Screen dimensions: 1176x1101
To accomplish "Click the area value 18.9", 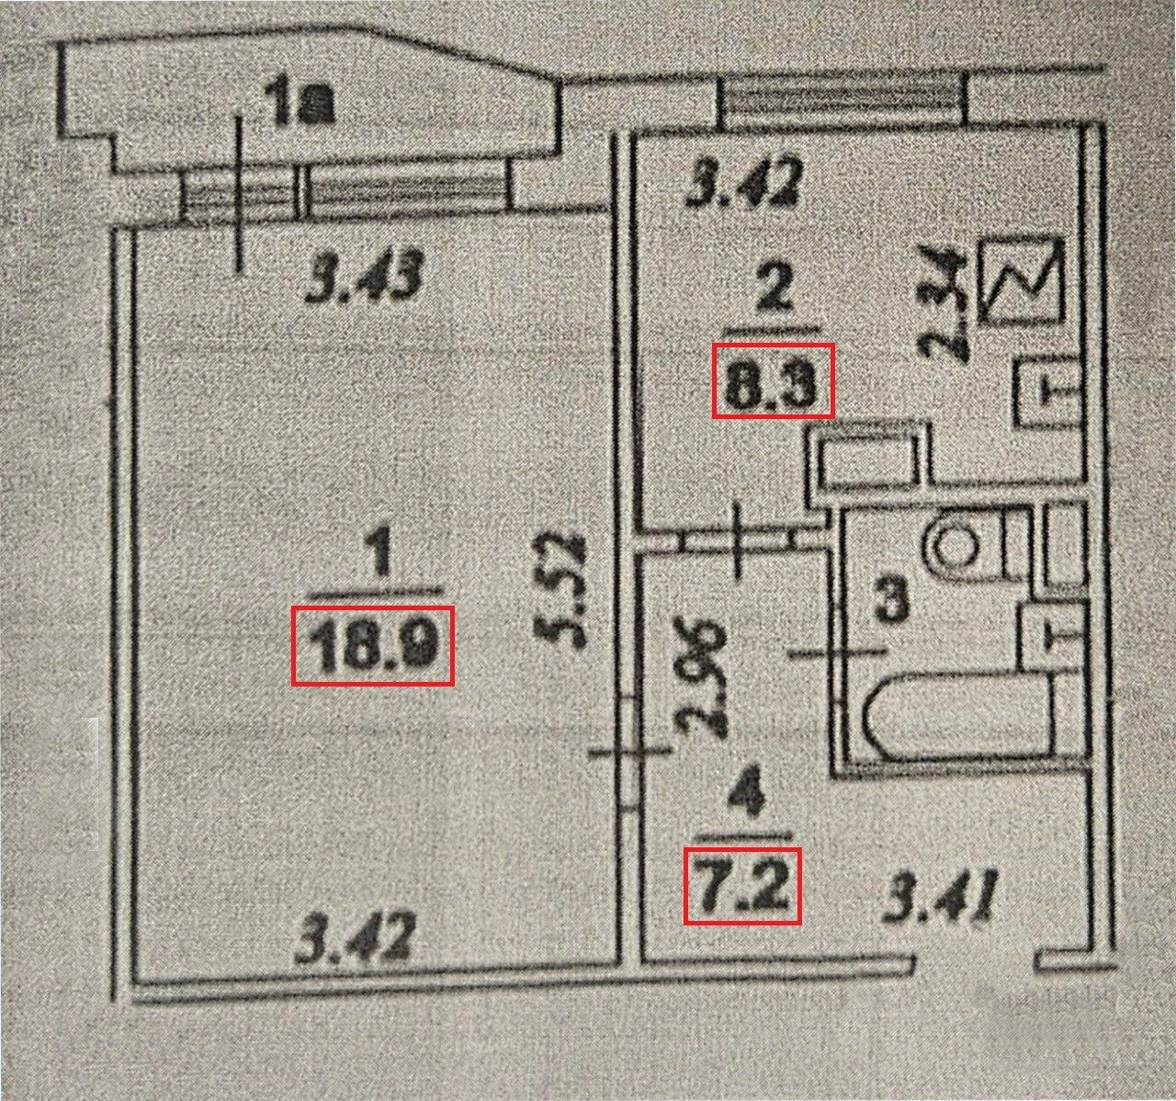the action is coord(372,645).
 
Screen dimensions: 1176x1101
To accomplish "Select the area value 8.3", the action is coord(773,380).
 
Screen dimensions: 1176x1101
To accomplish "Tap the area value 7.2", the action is coord(742,885).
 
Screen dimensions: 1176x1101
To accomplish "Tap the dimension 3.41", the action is coord(938,898).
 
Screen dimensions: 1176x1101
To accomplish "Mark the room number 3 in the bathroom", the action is coord(892,603).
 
